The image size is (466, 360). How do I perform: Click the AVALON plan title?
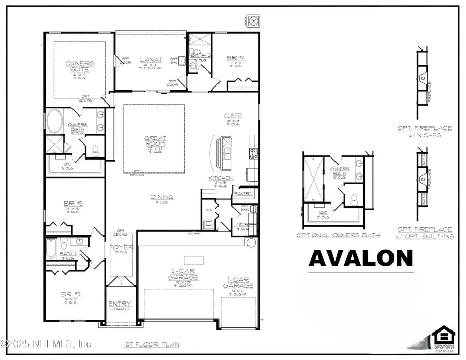[x=361, y=258]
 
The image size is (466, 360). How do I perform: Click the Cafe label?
[x=233, y=116]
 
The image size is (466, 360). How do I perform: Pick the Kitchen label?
[x=221, y=178]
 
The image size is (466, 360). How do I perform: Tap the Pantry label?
[x=243, y=194]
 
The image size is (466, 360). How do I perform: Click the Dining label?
[x=162, y=197]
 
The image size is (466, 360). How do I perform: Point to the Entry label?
[x=119, y=304]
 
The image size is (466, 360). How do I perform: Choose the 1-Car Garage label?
[x=238, y=283]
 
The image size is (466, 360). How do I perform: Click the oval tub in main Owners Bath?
[x=56, y=122]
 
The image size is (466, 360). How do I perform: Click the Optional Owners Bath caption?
[x=338, y=235]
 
